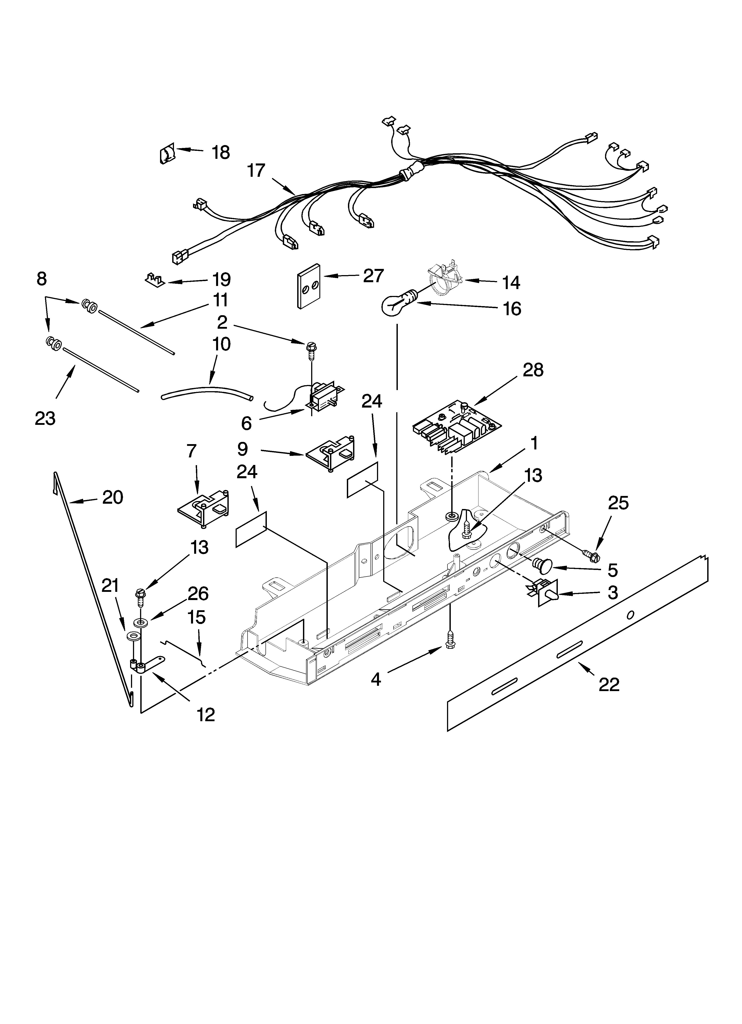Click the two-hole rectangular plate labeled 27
point(309,286)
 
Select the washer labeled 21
point(133,637)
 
